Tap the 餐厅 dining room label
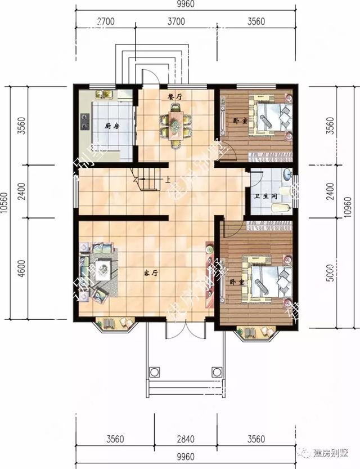(x=175, y=96)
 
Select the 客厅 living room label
(x=149, y=274)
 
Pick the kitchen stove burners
(x=85, y=122)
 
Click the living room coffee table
(x=103, y=269)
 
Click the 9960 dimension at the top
(x=185, y=6)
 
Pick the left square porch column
(x=153, y=372)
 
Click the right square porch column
(x=217, y=372)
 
